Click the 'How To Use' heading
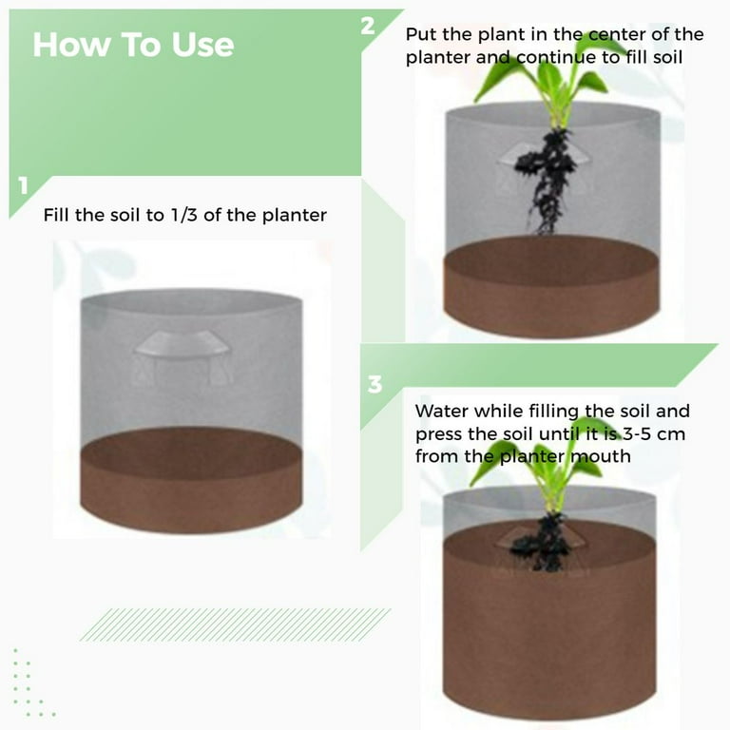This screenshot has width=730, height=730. (x=133, y=45)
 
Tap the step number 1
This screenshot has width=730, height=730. (x=23, y=185)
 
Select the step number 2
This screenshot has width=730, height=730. (x=368, y=26)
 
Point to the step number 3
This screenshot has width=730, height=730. (x=375, y=385)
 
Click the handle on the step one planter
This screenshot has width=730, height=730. (x=182, y=344)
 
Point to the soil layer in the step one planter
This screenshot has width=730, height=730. (x=191, y=479)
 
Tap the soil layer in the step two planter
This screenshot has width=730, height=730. (x=551, y=286)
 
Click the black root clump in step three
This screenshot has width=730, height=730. (x=543, y=543)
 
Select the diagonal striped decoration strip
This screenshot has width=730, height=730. (x=235, y=624)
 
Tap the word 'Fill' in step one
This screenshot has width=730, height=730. (x=55, y=215)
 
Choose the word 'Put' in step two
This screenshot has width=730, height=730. (x=420, y=34)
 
